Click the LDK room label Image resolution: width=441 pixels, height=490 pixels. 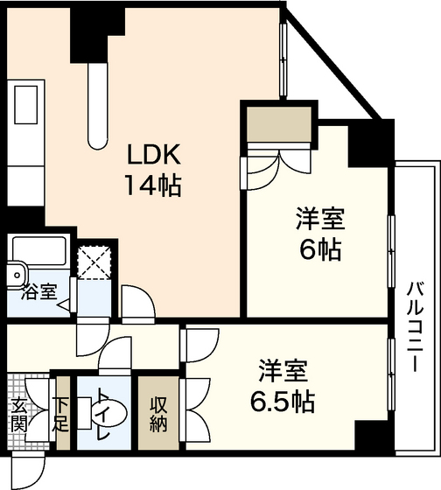[154, 154]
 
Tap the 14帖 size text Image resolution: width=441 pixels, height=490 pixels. [153, 185]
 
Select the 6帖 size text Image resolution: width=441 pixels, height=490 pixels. [320, 249]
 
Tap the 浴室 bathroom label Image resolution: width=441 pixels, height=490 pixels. [38, 292]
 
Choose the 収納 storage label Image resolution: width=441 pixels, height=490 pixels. [158, 415]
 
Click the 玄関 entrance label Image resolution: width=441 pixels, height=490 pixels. [19, 415]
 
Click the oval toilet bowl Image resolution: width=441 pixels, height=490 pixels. [110, 413]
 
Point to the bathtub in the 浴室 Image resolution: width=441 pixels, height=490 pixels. [39, 251]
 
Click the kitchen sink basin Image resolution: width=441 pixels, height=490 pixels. [26, 104]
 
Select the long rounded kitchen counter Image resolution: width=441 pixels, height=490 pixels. [98, 106]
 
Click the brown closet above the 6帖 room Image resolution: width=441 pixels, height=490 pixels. [279, 124]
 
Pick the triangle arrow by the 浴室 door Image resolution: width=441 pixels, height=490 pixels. [64, 304]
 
